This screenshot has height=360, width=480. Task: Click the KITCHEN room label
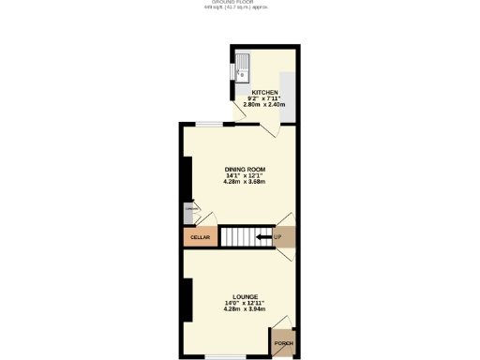tap(263, 92)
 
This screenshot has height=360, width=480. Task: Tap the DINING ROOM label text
tap(245, 169)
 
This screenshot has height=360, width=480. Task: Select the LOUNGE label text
tap(245, 296)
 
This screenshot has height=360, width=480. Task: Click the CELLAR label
tap(200, 238)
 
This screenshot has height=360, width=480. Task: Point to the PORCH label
tap(283, 344)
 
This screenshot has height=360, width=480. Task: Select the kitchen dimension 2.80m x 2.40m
tap(263, 105)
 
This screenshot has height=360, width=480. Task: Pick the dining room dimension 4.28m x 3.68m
tap(245, 181)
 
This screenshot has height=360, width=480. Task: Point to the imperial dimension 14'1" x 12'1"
tap(245, 175)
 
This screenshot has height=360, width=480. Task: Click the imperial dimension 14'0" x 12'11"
tap(245, 303)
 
